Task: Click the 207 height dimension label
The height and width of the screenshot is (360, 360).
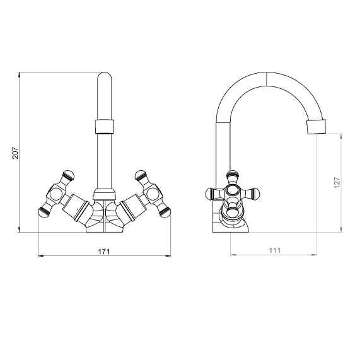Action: tap(15, 153)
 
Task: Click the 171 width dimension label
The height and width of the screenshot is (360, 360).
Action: tap(104, 252)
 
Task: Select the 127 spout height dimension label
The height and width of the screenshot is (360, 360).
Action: tap(337, 183)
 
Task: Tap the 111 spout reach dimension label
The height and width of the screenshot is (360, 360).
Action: tap(275, 250)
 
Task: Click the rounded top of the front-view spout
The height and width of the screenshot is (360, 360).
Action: tap(105, 76)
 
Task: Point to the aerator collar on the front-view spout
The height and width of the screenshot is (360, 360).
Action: tap(105, 127)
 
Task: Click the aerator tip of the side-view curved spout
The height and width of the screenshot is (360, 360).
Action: tap(316, 127)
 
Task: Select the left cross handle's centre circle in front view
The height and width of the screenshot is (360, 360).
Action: tap(56, 195)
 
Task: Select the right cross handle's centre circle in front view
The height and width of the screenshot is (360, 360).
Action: tap(153, 195)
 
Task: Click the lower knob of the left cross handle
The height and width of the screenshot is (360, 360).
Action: tap(44, 212)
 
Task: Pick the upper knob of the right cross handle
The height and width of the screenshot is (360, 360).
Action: tap(141, 175)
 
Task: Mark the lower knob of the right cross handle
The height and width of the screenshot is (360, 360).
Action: tap(165, 212)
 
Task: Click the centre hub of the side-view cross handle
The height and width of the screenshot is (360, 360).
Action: tap(233, 192)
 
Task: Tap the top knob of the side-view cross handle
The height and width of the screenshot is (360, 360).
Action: tap(233, 175)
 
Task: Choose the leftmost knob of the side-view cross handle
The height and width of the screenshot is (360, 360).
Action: tap(209, 194)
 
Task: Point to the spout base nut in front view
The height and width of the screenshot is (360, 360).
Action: tap(105, 194)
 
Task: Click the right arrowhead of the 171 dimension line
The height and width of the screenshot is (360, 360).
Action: tap(168, 256)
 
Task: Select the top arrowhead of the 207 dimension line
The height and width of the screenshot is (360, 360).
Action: tap(20, 75)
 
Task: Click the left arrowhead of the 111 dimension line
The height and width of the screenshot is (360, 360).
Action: tap(233, 255)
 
